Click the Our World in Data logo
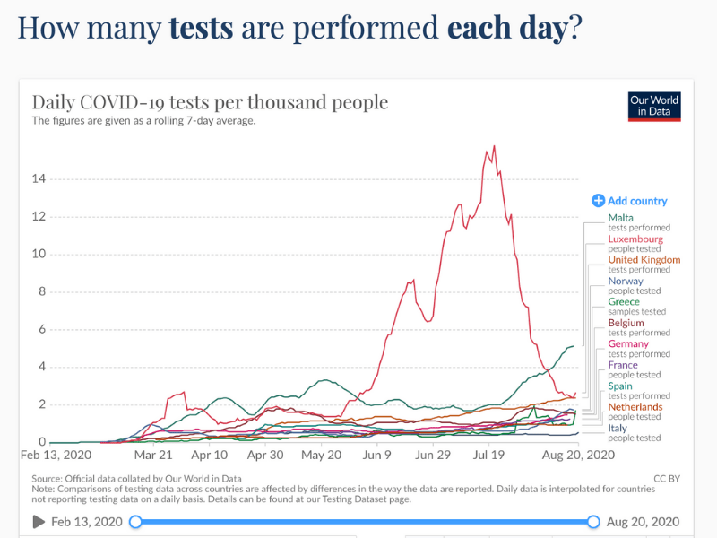[x=653, y=107]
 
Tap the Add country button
[x=629, y=201]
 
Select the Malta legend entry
[x=620, y=218]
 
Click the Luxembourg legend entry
[x=635, y=239]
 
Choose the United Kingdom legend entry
[x=644, y=260]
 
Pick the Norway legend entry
[x=626, y=281]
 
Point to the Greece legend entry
[x=624, y=302]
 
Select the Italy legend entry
[x=618, y=429]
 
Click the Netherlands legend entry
[x=635, y=407]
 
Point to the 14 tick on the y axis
[x=39, y=178]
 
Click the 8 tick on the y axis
[x=40, y=291]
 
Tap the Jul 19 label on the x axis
[x=488, y=456]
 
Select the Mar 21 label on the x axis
[x=153, y=456]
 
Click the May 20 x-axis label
[x=321, y=456]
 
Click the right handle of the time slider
[x=593, y=522]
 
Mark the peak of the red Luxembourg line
[x=494, y=146]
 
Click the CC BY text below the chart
[x=666, y=478]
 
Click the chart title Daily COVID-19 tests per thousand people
[x=210, y=102]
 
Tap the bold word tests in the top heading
[x=201, y=28]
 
